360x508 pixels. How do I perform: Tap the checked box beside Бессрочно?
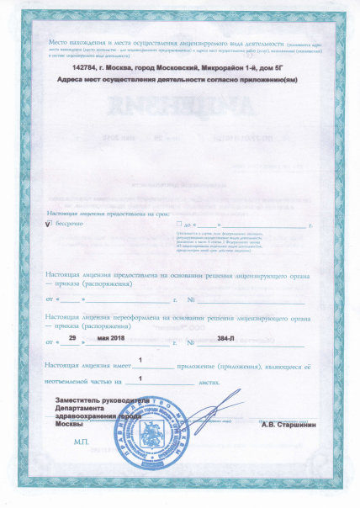tap(49, 225)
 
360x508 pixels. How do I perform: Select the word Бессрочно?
tap(70, 225)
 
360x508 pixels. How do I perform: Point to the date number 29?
tap(72, 337)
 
